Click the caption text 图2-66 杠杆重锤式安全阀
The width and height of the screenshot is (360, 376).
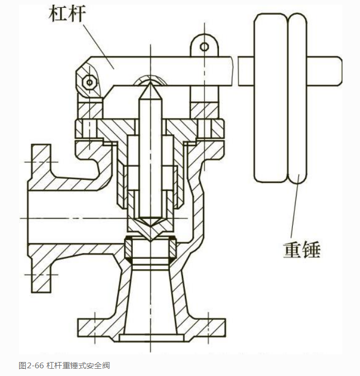pyautogui.click(x=64, y=366)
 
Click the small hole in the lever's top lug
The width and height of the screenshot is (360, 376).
pyautogui.click(x=205, y=47)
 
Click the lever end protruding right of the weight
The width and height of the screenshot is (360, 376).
pyautogui.click(x=325, y=72)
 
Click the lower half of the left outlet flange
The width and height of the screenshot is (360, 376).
pyautogui.click(x=39, y=269)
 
